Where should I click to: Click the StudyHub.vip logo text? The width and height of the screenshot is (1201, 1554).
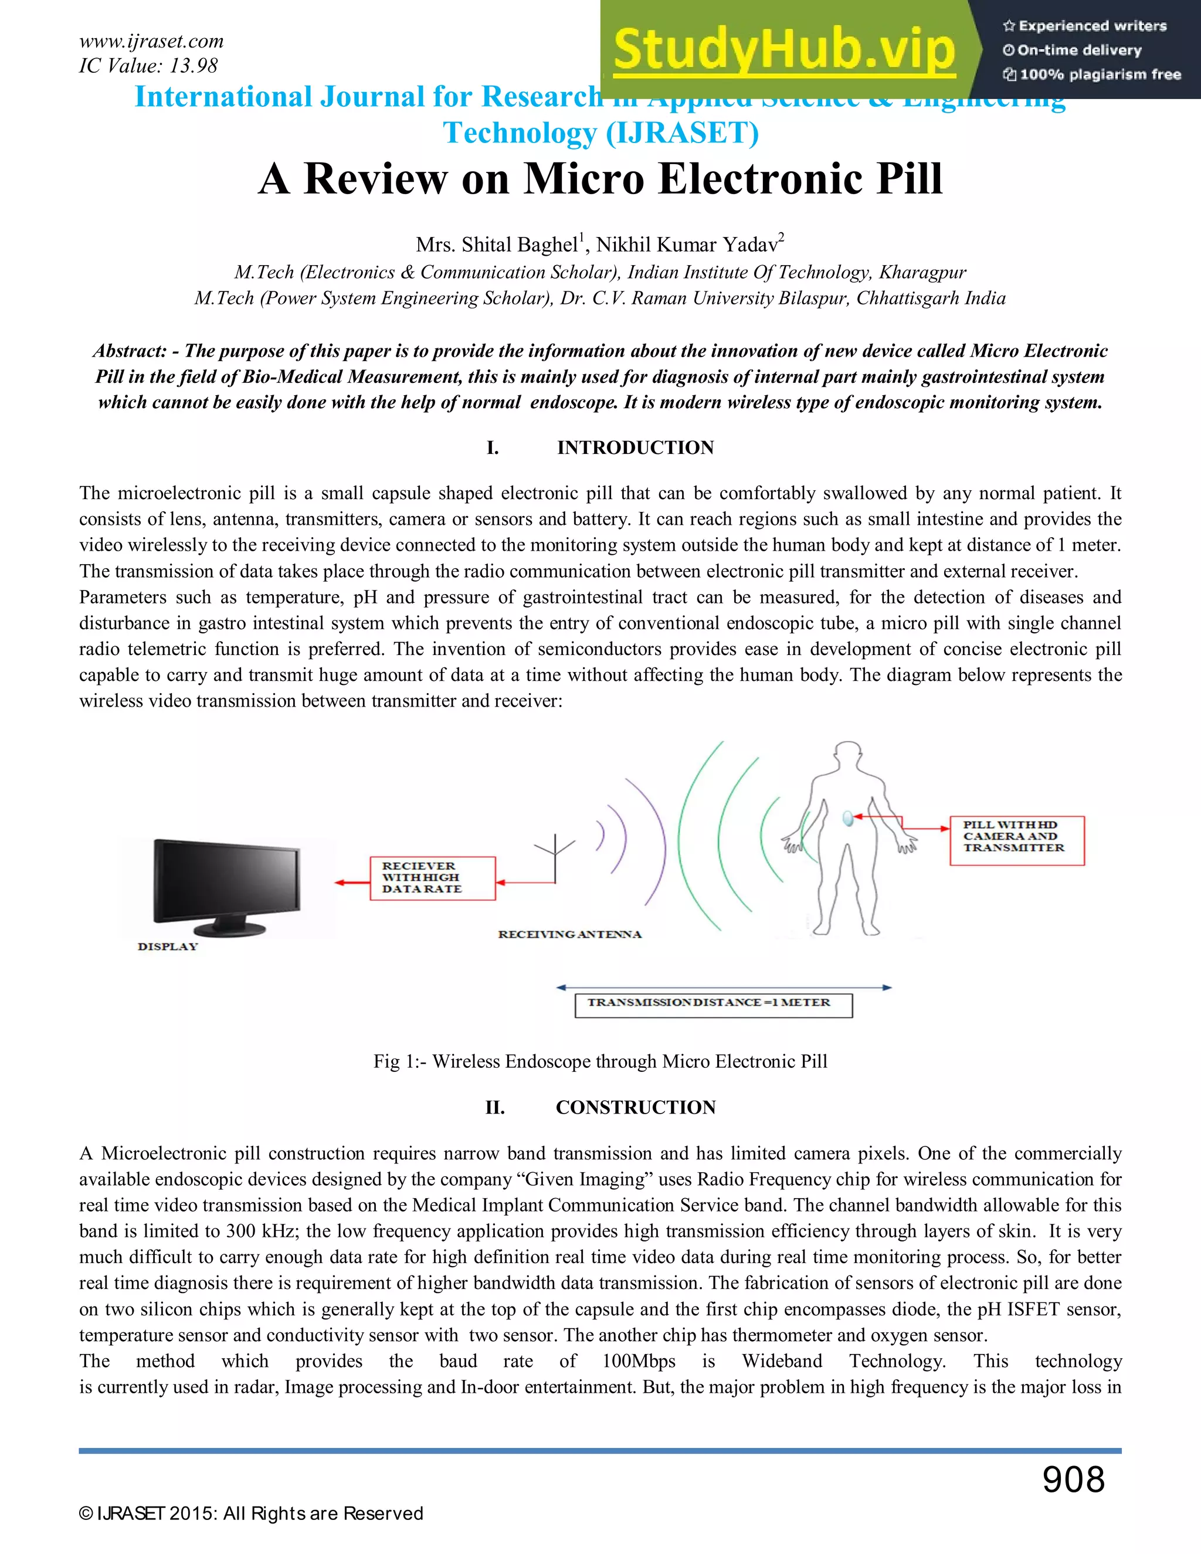click(783, 50)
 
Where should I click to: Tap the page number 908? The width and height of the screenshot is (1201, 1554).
click(1073, 1480)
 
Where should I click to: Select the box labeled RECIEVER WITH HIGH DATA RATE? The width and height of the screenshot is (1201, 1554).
click(432, 878)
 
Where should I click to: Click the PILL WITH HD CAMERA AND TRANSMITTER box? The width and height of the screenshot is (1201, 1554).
click(1016, 840)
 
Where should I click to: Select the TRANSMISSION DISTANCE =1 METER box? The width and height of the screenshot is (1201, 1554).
click(713, 1005)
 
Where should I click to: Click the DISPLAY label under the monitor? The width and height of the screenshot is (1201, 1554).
click(168, 946)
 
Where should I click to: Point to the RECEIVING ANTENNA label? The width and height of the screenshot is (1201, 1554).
click(569, 934)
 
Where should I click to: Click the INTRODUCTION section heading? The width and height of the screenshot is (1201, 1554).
click(635, 447)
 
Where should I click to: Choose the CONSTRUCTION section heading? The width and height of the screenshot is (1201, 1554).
click(635, 1107)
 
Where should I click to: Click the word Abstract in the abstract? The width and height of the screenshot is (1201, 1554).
click(130, 351)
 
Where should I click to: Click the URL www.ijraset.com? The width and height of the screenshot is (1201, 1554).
click(151, 41)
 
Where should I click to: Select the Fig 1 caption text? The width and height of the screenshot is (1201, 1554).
click(600, 1061)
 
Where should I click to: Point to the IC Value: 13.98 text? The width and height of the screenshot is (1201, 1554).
click(148, 66)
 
